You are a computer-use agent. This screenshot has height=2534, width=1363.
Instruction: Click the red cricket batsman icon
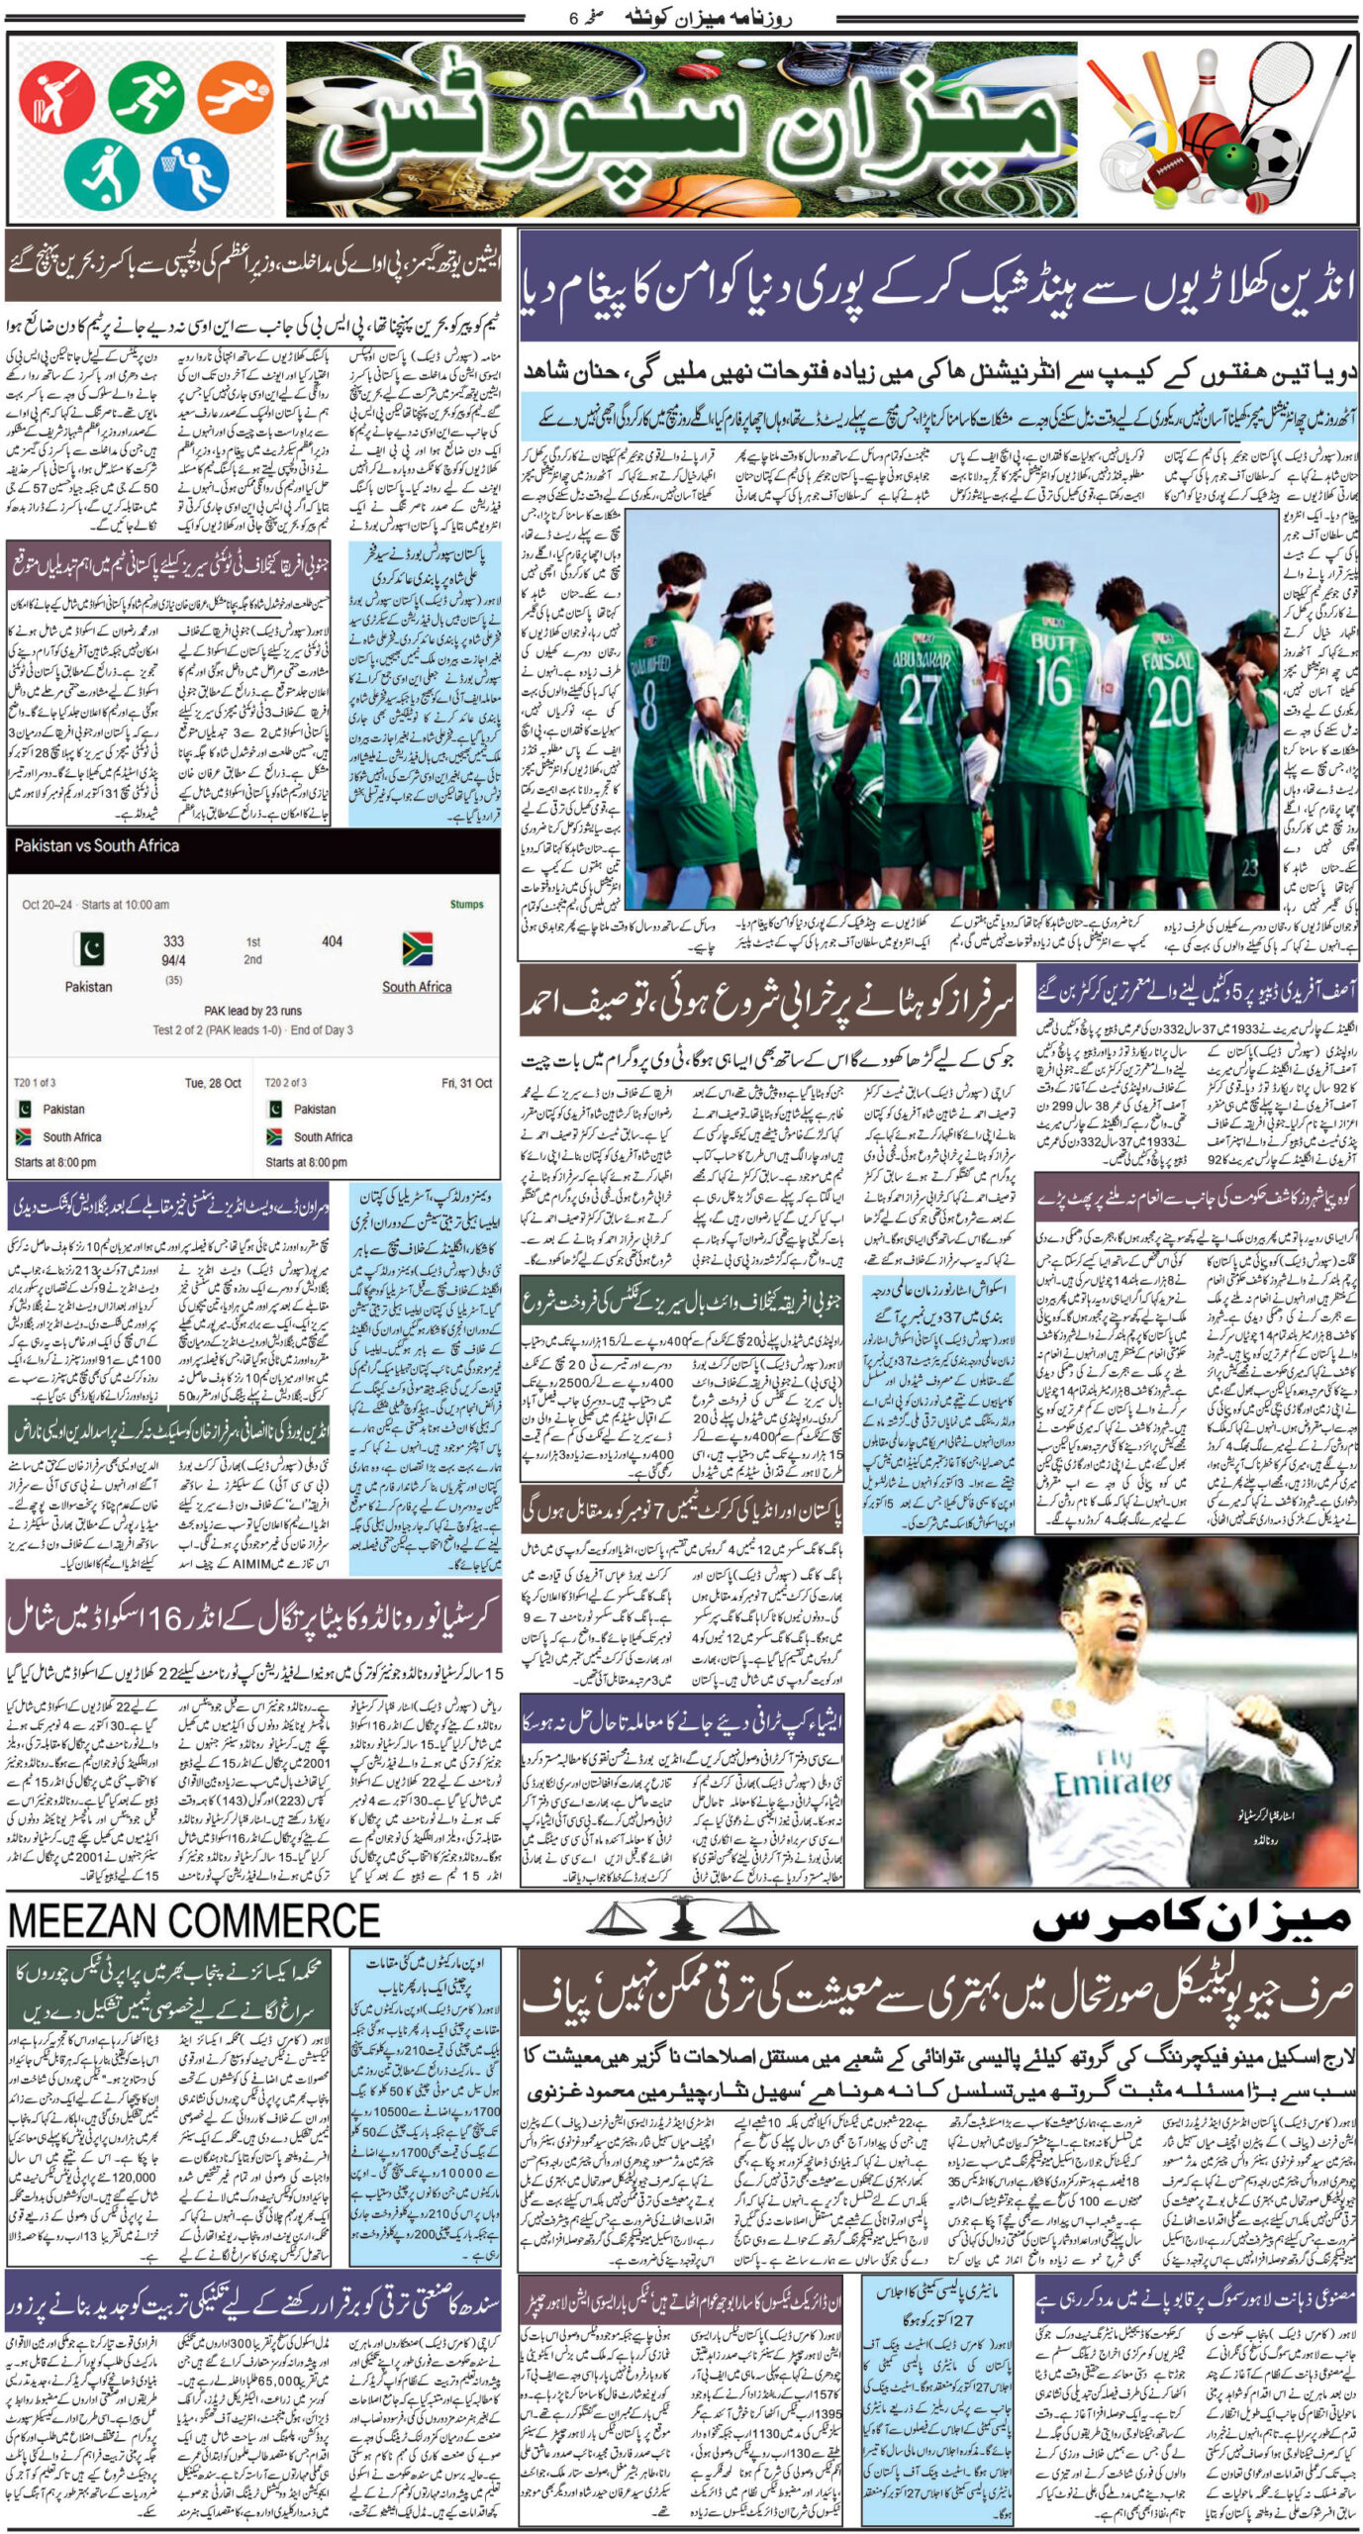[56, 97]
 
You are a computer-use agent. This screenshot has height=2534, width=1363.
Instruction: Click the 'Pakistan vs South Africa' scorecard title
[97, 846]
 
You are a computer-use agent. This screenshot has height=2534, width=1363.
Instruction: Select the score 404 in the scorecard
[332, 941]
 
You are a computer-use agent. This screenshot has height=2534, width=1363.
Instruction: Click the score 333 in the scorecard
[173, 941]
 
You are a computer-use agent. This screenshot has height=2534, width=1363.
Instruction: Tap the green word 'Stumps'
[466, 905]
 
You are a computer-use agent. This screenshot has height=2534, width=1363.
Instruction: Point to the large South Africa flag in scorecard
[417, 948]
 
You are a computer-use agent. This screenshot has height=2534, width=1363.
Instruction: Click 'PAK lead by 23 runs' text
[252, 1012]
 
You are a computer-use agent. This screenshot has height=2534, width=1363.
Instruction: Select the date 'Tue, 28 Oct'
[213, 1083]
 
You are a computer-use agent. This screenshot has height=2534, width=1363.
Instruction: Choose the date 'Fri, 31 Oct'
[466, 1083]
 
